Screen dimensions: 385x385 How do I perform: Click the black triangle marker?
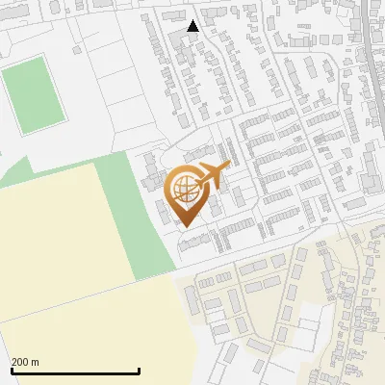tap(192, 26)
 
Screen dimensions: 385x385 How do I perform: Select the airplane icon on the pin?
tap(214, 176)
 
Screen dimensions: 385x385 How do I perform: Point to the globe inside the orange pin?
tap(183, 189)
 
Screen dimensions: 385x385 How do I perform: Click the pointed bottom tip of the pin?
tap(186, 226)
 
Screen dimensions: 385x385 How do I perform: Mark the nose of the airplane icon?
tap(228, 167)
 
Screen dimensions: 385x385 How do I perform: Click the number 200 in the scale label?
tap(21, 362)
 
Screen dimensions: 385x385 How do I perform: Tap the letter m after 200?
tap(36, 362)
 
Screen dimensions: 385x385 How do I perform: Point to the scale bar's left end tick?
tap(12, 369)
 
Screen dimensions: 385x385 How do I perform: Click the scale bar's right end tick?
tap(140, 369)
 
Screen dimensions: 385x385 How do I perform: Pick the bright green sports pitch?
tap(34, 94)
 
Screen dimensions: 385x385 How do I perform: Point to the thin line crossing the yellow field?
tap(87, 297)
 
